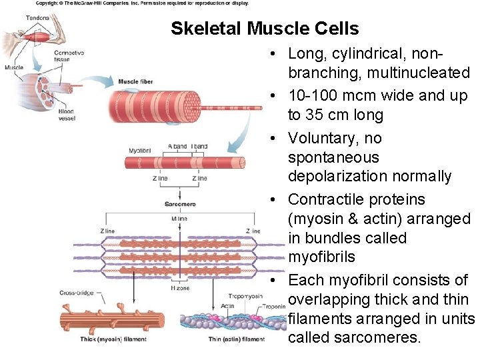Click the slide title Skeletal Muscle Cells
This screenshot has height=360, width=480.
(x=265, y=29)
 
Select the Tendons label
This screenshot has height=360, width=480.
(x=37, y=17)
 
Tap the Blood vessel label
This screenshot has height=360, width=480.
(x=66, y=115)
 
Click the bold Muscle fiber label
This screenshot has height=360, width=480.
(x=135, y=81)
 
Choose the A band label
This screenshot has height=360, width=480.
(x=178, y=146)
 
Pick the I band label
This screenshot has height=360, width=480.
(x=199, y=146)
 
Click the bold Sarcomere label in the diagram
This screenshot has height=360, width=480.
(x=180, y=204)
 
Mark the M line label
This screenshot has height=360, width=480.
(x=179, y=218)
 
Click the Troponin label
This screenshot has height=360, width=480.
(x=274, y=306)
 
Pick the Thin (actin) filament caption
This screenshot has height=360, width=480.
(x=236, y=339)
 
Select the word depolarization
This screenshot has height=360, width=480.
(x=336, y=177)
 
